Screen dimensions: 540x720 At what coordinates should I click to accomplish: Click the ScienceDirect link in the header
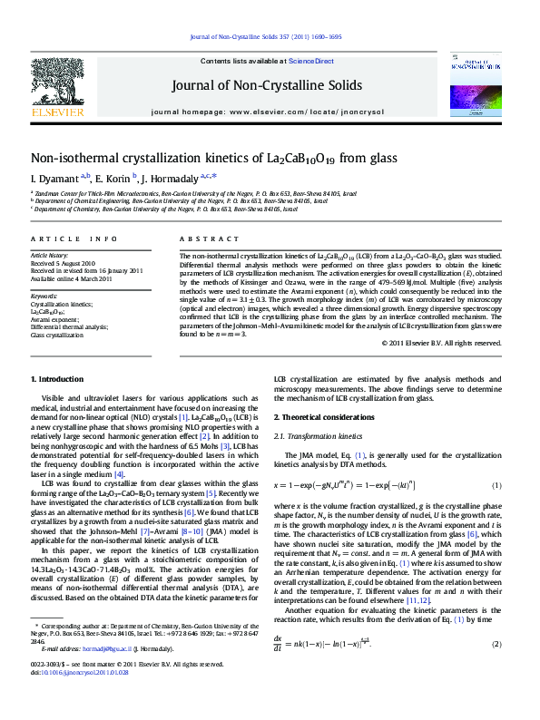(311, 61)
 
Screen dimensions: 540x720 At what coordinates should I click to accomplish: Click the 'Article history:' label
(50, 257)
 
